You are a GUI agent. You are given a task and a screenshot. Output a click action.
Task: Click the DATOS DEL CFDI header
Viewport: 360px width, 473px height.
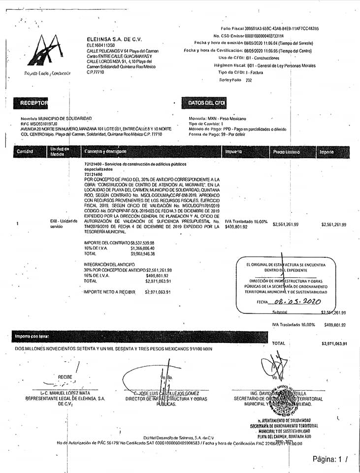click(206, 103)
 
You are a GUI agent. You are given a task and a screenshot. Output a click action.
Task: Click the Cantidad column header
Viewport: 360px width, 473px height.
click(25, 152)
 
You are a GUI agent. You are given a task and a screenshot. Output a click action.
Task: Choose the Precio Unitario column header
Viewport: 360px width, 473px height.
click(286, 152)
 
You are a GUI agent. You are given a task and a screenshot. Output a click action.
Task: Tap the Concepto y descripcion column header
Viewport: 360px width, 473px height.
click(105, 152)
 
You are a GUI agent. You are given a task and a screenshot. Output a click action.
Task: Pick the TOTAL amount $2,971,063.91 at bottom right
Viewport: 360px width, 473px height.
click(334, 343)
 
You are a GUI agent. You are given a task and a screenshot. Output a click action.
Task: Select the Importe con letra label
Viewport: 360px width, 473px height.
click(32, 336)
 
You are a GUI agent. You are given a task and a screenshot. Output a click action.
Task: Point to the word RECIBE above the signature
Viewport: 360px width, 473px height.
click(65, 377)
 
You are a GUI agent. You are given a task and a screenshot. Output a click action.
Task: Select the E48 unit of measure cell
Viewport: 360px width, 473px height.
click(64, 224)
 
